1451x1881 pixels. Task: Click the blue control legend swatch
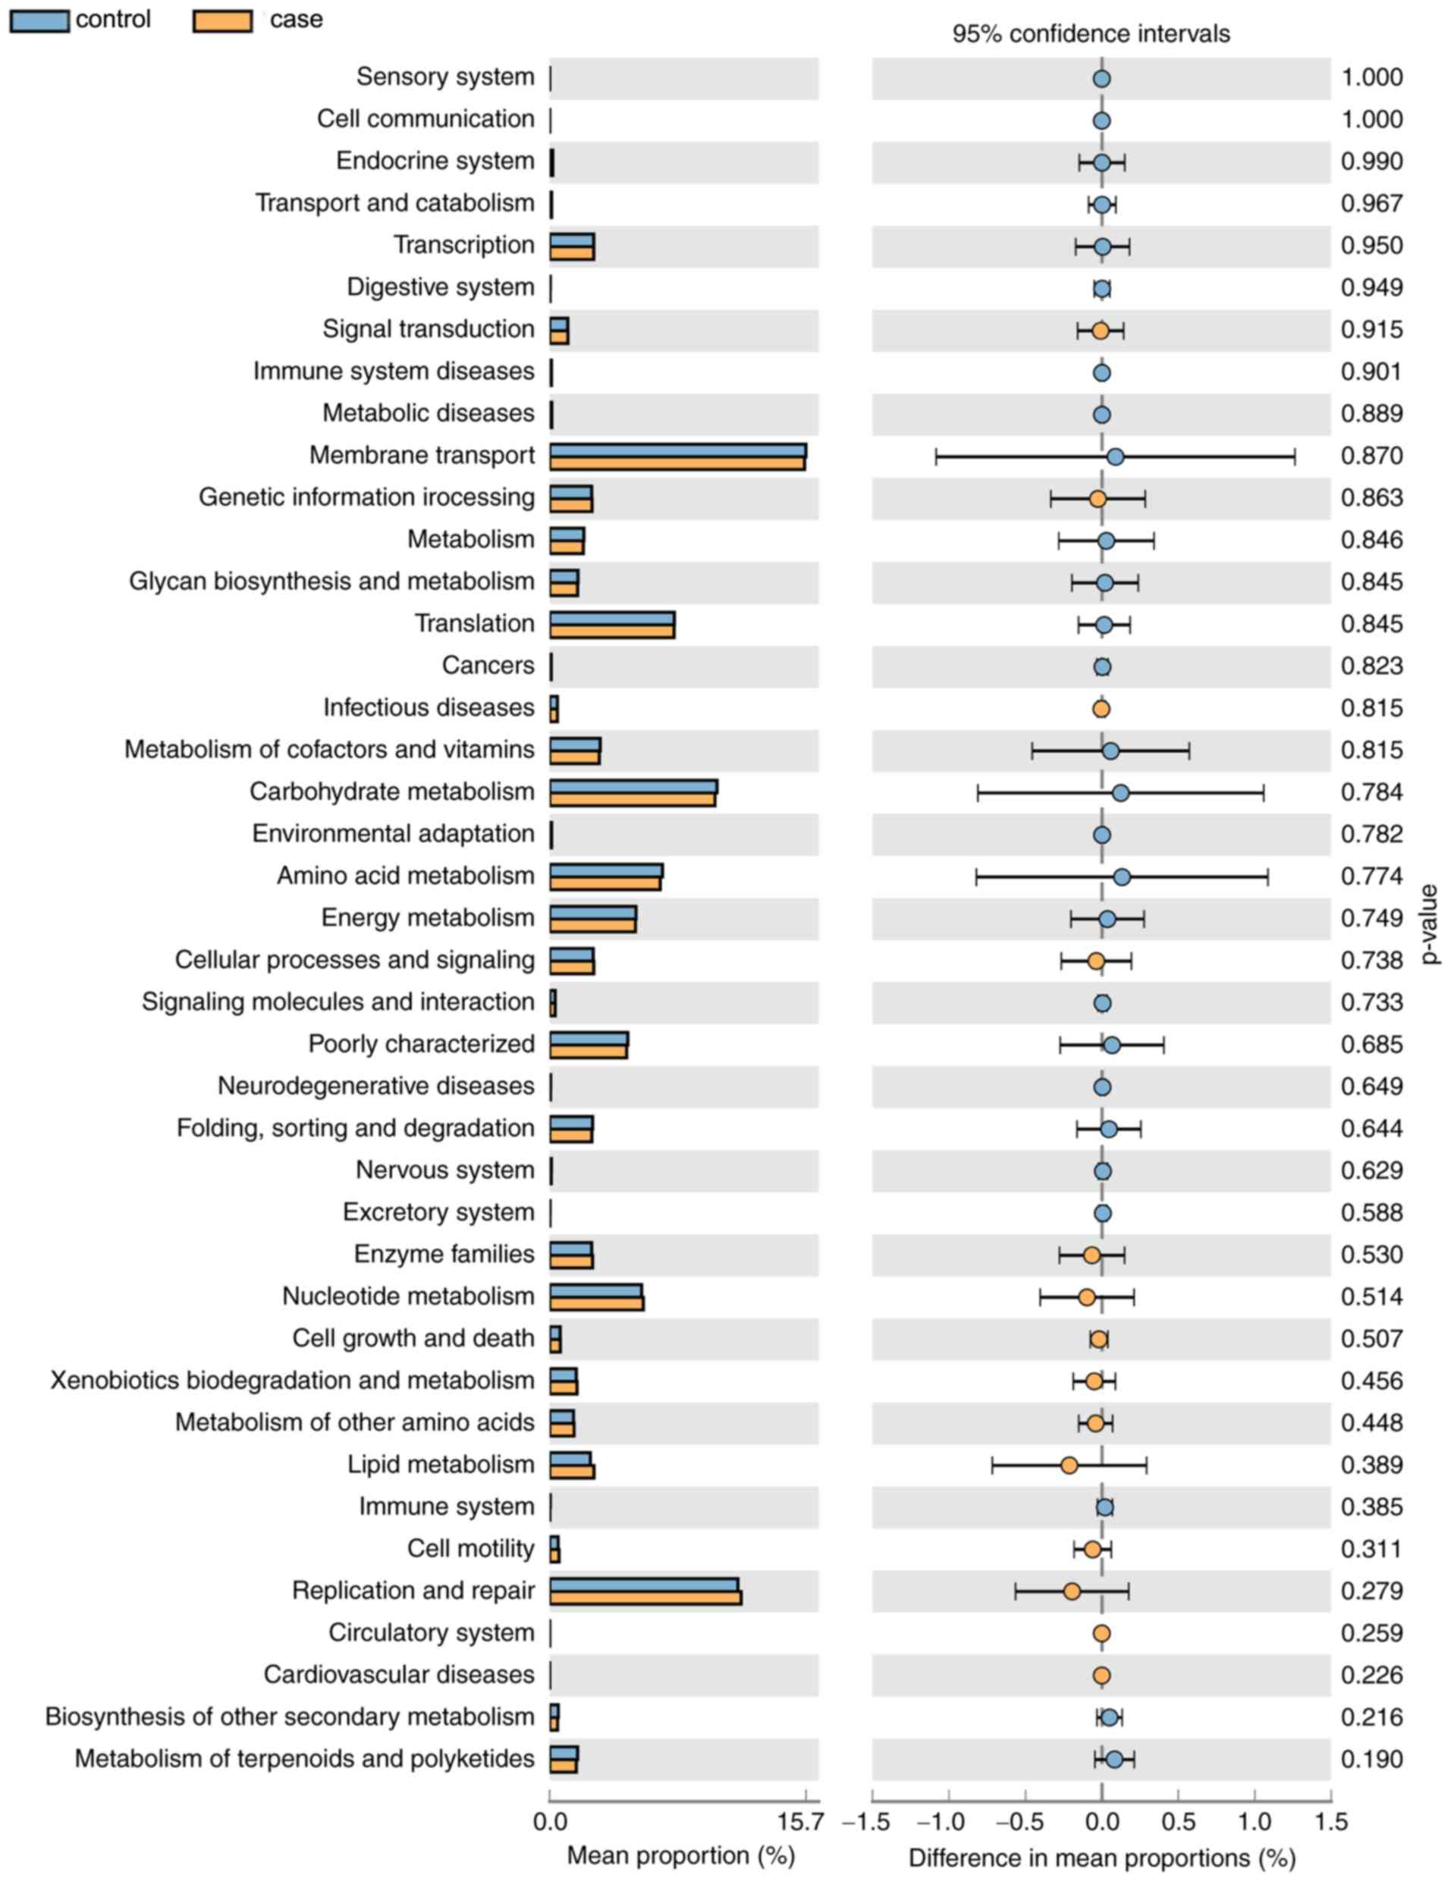click(x=39, y=20)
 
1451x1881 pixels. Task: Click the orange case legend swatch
click(x=222, y=20)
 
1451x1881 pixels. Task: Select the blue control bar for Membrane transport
click(x=677, y=450)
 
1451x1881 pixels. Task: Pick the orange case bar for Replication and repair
click(x=645, y=1597)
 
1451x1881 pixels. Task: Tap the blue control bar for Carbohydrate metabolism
click(x=633, y=786)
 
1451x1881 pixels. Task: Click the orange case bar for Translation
click(x=612, y=632)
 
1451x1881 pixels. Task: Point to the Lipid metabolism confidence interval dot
click(x=1069, y=1465)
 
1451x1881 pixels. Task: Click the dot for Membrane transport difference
click(x=1115, y=456)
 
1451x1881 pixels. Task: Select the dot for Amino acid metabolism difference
click(x=1121, y=876)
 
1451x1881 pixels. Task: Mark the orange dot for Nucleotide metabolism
click(x=1086, y=1297)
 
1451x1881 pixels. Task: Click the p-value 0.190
click(x=1371, y=1759)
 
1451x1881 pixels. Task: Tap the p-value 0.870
click(x=1371, y=456)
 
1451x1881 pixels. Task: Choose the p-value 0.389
click(x=1371, y=1465)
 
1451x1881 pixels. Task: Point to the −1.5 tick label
click(x=870, y=1823)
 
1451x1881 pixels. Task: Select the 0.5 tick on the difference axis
click(x=1178, y=1823)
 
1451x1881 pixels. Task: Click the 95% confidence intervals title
click(x=1091, y=33)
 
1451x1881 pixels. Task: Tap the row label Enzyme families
click(x=444, y=1254)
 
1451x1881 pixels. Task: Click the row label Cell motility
click(x=470, y=1549)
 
